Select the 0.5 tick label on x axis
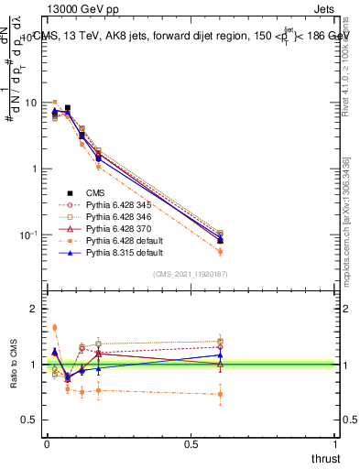coord(191,443)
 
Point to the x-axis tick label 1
coord(336,443)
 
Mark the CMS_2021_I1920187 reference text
coord(191,274)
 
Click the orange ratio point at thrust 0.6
coord(220,395)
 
